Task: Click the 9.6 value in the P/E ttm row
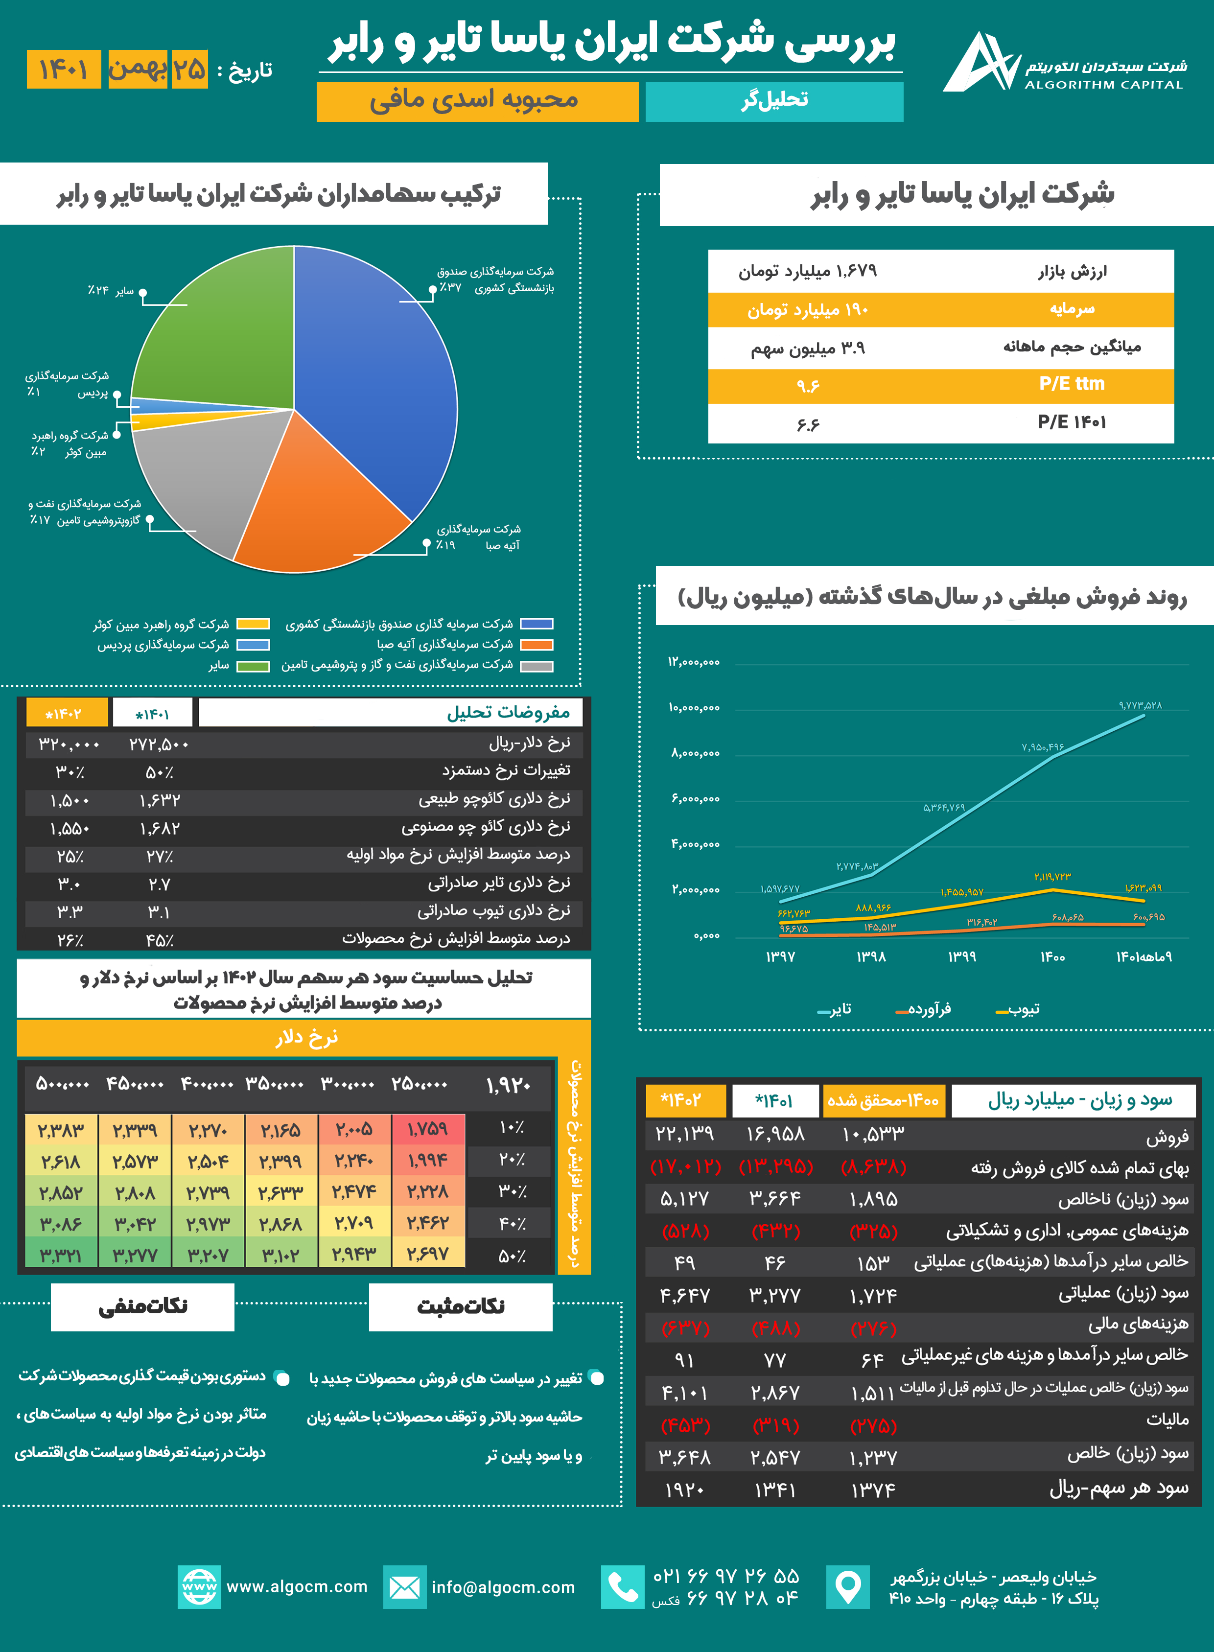(x=808, y=386)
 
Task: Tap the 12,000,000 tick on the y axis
(x=694, y=663)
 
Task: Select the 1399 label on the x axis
(x=961, y=957)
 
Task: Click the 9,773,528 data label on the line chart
(x=1140, y=705)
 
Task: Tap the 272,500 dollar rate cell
(x=159, y=745)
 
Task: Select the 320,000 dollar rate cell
(x=69, y=745)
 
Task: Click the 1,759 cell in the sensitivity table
(x=428, y=1129)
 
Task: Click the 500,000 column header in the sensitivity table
(x=63, y=1084)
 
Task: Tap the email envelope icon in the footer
(x=404, y=1587)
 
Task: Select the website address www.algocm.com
(x=297, y=1586)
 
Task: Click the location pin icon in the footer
(x=847, y=1587)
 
